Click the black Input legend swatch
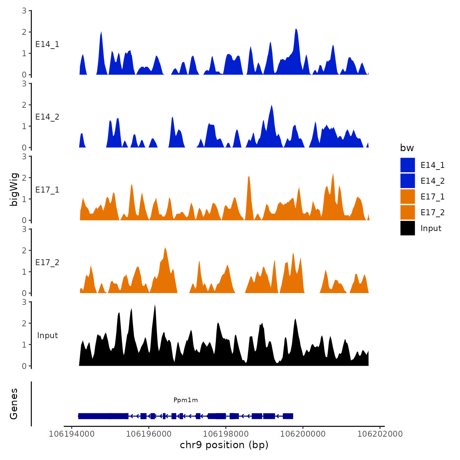click(407, 228)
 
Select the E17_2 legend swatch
click(407, 212)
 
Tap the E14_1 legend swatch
click(407, 165)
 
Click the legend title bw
click(407, 148)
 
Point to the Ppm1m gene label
click(186, 400)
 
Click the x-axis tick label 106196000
click(149, 434)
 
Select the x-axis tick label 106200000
click(303, 434)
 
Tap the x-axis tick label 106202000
click(380, 434)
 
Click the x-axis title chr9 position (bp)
click(224, 445)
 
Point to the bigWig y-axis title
click(14, 189)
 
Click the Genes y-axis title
click(14, 404)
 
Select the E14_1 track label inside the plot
click(47, 44)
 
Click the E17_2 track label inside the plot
click(47, 262)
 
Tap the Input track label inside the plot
click(47, 335)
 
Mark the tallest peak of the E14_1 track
click(296, 30)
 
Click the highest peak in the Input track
click(155, 306)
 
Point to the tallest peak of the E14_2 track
click(271, 106)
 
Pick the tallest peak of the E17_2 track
click(165, 248)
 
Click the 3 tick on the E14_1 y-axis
click(24, 11)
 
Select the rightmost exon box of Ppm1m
click(288, 416)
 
